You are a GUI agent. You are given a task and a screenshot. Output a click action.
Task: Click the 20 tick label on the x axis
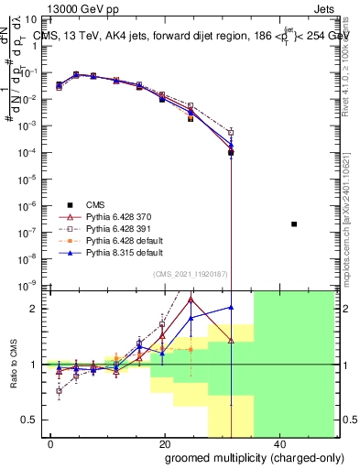(164, 443)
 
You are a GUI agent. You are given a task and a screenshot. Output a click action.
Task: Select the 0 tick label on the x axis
(51, 443)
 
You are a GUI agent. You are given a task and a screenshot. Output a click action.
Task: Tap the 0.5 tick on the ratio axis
(29, 420)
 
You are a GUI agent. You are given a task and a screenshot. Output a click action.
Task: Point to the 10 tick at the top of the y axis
(29, 19)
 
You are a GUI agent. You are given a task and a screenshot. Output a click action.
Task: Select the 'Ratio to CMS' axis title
(13, 365)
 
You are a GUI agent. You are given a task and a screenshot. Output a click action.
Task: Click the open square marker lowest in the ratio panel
(60, 391)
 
